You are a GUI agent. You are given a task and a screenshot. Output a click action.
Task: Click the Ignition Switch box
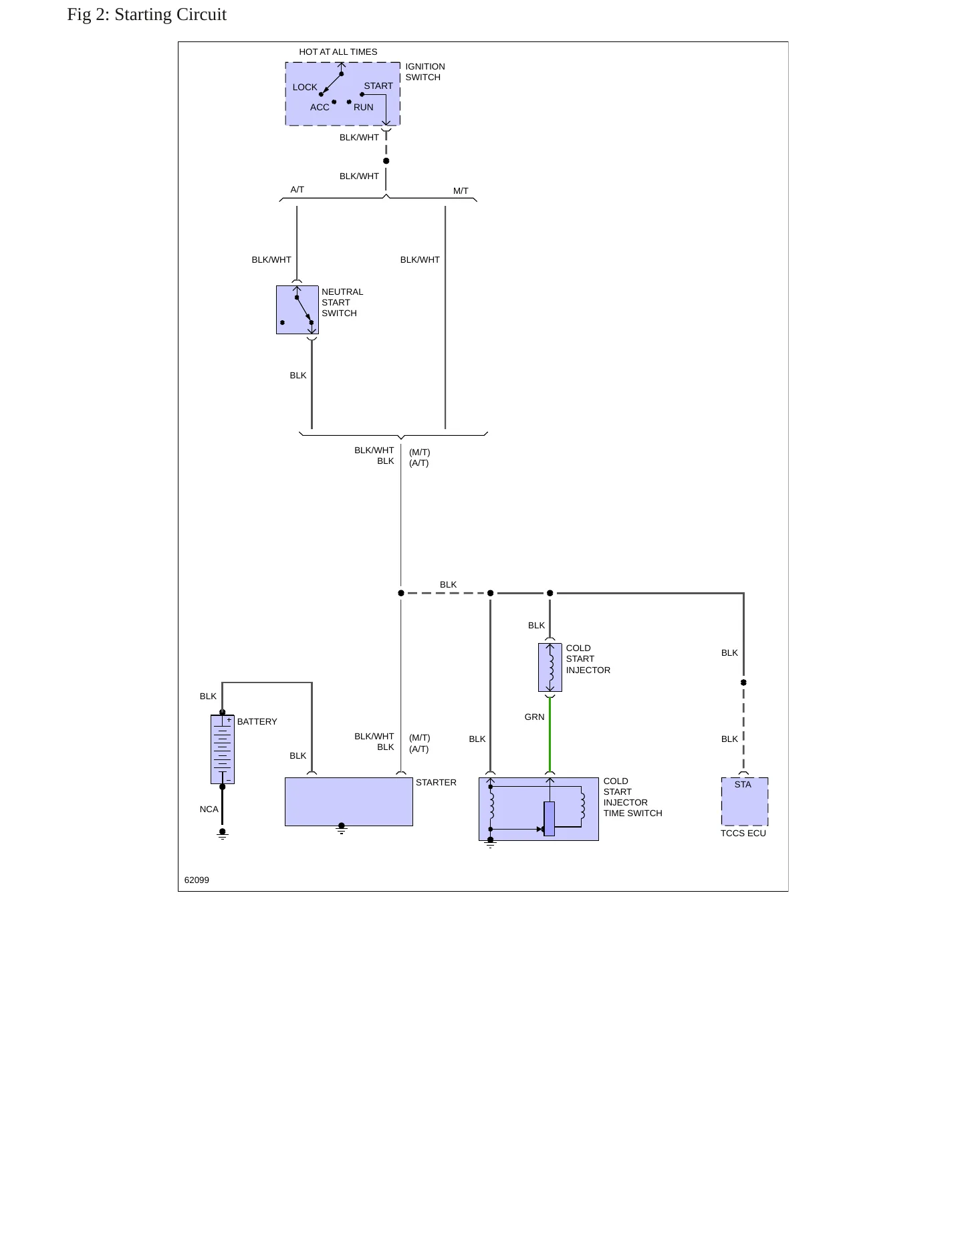pos(342,94)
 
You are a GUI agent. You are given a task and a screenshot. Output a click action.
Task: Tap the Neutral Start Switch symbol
pos(297,309)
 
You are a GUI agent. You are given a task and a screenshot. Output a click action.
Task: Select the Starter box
pos(348,801)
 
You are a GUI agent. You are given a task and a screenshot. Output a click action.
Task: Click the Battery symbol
pos(223,749)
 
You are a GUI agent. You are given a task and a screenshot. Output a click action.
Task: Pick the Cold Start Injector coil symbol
pos(550,667)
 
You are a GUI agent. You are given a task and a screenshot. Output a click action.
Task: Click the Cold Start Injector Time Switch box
pos(539,809)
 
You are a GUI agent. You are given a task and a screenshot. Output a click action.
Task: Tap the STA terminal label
pos(743,785)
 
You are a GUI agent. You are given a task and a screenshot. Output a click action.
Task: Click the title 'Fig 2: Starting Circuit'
pos(147,15)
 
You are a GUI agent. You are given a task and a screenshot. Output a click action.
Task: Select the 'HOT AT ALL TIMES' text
pos(338,52)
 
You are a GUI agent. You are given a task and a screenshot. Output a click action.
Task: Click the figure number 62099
pos(197,880)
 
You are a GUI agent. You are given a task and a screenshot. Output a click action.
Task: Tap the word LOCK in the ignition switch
pos(305,88)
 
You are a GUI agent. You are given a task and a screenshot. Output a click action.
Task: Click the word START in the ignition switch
pos(378,86)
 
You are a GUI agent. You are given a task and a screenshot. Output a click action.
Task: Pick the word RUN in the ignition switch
pos(364,108)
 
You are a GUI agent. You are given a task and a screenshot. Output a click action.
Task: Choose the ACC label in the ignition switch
pos(320,108)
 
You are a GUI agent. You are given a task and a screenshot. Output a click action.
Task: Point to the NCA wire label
pos(209,809)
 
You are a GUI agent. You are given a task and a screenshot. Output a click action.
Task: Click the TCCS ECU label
pos(743,834)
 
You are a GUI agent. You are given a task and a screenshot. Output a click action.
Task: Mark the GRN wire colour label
pos(535,717)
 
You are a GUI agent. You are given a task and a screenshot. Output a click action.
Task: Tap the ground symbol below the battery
pos(223,834)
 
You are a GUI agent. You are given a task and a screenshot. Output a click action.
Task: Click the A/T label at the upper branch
pos(297,190)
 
